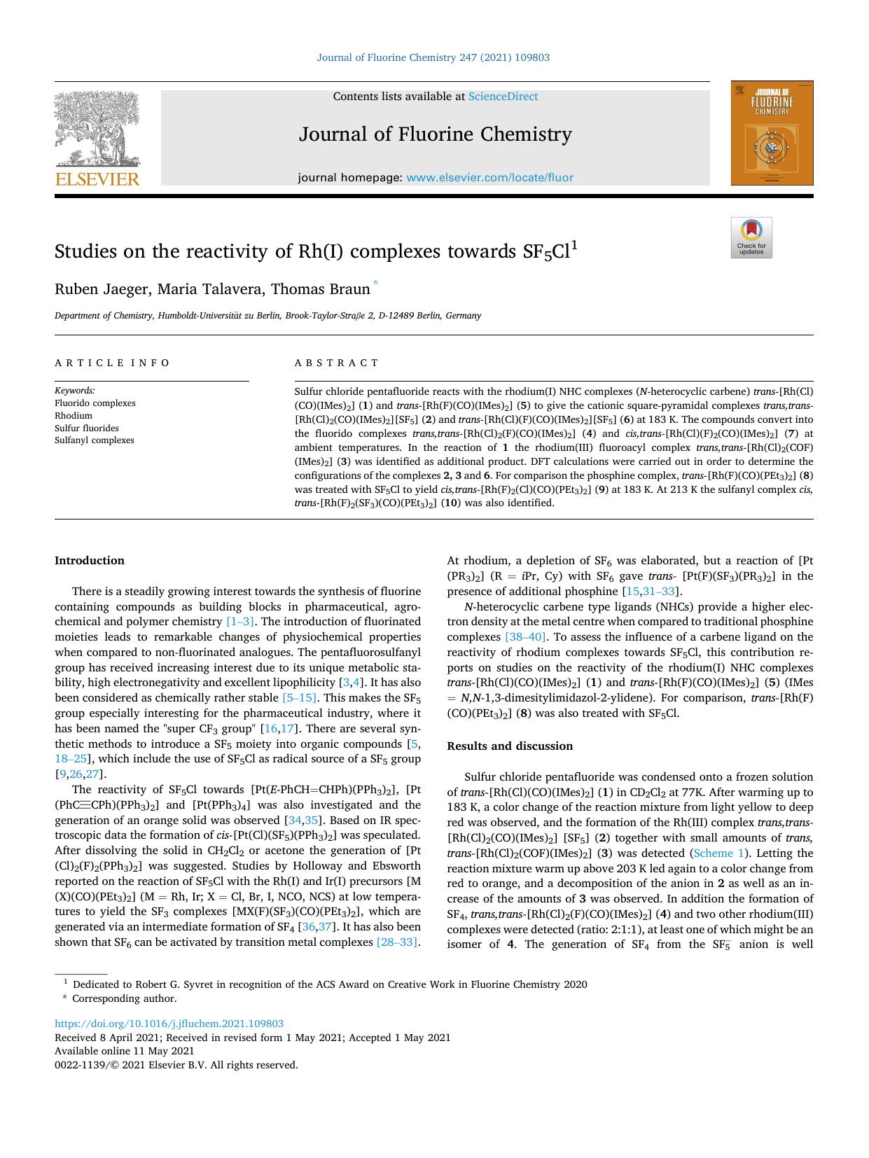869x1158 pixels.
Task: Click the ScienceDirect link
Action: [503, 97]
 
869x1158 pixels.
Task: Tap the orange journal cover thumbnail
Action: [772, 133]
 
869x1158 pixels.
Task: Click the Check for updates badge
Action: [751, 238]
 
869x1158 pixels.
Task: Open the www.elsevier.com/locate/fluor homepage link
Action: [489, 178]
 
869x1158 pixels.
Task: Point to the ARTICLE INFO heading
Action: [112, 363]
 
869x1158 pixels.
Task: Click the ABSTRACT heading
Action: [337, 363]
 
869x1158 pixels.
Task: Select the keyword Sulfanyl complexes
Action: [95, 440]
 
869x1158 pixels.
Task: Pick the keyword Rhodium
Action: [74, 416]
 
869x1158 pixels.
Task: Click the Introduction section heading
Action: [90, 561]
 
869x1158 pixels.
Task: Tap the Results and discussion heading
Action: [510, 746]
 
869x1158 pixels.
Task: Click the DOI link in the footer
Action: [169, 1024]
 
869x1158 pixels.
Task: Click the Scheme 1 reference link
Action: [714, 853]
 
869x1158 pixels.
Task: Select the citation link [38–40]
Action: [525, 637]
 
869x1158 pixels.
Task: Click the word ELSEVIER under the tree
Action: [97, 179]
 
